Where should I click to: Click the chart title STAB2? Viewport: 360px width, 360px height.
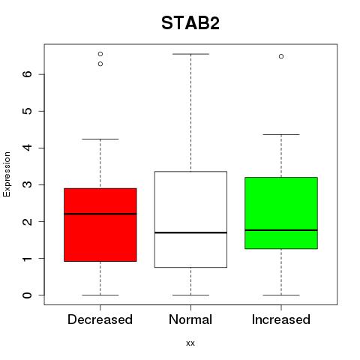click(190, 23)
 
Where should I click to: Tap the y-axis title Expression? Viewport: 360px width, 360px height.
click(7, 174)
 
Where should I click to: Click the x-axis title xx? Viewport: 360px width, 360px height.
click(190, 343)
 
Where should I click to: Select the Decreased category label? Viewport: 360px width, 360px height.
click(100, 319)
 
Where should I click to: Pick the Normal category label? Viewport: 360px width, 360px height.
click(190, 319)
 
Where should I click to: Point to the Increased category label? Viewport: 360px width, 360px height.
click(281, 319)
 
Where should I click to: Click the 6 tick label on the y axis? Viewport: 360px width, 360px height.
click(28, 74)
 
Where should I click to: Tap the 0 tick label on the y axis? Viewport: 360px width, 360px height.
click(28, 295)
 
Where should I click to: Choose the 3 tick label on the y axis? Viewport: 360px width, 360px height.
click(28, 184)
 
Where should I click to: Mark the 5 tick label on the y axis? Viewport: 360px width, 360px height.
click(28, 111)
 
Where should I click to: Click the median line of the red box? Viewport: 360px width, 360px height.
click(100, 214)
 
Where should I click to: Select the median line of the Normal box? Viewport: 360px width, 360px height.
click(190, 232)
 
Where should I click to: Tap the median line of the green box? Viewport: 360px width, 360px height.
click(281, 230)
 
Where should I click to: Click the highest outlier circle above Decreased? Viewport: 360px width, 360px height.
click(100, 54)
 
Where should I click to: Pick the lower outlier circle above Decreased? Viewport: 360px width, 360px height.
click(100, 64)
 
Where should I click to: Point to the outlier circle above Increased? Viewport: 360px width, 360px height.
click(281, 56)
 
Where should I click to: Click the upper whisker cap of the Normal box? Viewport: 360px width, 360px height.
click(190, 54)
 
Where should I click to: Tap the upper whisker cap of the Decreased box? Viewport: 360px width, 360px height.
click(100, 139)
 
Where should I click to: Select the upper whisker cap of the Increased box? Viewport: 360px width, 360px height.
click(281, 134)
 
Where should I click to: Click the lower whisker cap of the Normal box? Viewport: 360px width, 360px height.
click(190, 295)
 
